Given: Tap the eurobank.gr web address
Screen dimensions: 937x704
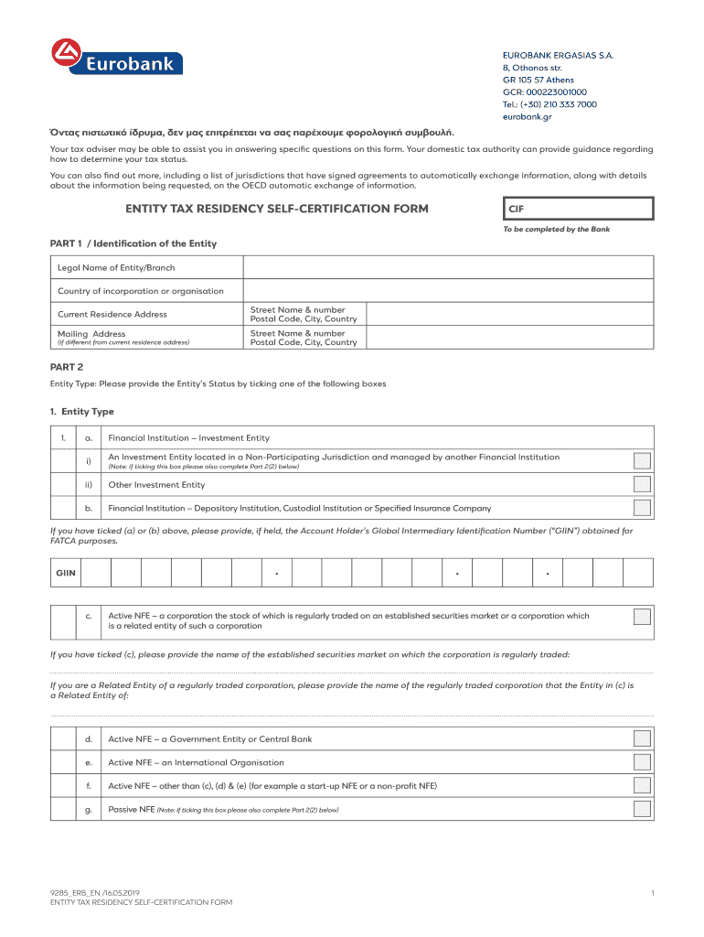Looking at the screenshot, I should (527, 116).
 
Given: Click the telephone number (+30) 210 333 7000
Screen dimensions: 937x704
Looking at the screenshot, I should (549, 104).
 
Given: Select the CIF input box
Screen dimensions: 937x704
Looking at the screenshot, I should (578, 209).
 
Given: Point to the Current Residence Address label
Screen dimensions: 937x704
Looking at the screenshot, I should (112, 314).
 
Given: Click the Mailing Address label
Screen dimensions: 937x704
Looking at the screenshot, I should (91, 334).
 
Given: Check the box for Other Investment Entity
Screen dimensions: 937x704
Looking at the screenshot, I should (643, 485).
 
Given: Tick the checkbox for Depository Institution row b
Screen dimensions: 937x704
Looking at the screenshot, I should (643, 508).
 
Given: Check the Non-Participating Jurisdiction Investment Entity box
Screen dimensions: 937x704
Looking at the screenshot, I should (643, 461).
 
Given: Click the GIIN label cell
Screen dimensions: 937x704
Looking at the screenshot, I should (66, 574).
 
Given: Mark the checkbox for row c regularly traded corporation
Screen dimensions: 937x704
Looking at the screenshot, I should (643, 616).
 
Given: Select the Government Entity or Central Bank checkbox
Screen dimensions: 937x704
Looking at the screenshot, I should (643, 738).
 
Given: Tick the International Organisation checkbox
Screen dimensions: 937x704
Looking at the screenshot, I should (643, 762).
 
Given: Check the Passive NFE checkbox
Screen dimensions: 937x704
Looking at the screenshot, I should (643, 809).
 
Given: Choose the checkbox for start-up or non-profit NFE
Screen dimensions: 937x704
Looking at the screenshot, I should (643, 785).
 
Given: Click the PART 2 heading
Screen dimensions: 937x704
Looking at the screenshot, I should (67, 367).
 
